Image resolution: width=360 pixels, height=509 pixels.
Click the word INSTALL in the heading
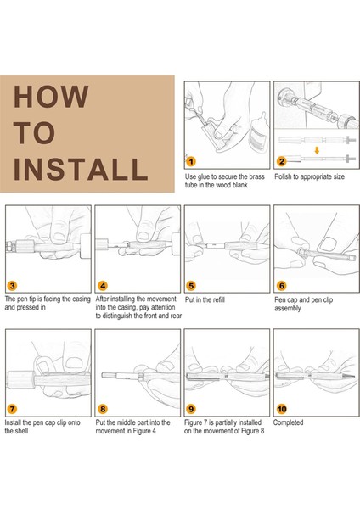pyautogui.click(x=81, y=169)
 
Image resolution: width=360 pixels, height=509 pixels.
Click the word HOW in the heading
pyautogui.click(x=51, y=97)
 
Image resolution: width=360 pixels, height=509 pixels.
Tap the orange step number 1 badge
pyautogui.click(x=191, y=161)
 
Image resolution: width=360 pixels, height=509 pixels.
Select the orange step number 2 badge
pyautogui.click(x=282, y=161)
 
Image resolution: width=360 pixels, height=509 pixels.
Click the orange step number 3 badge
pyautogui.click(x=13, y=286)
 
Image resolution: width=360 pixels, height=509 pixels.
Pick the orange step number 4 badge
pyautogui.click(x=103, y=286)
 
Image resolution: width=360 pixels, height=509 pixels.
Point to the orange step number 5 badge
pyautogui.click(x=191, y=286)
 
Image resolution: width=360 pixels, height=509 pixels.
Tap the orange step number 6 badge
pyautogui.click(x=282, y=286)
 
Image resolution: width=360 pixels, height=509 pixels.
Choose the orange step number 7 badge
pyautogui.click(x=13, y=409)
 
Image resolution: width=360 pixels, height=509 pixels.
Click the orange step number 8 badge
pyautogui.click(x=103, y=409)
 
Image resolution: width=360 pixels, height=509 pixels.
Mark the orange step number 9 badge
pyautogui.click(x=191, y=409)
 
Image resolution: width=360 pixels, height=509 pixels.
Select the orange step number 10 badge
pyautogui.click(x=282, y=409)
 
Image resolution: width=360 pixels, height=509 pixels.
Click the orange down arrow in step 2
pyautogui.click(x=317, y=150)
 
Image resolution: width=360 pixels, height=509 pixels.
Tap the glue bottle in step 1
pyautogui.click(x=258, y=132)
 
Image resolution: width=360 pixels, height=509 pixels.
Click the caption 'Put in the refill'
pyautogui.click(x=205, y=299)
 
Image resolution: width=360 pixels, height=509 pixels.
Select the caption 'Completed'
pyautogui.click(x=288, y=422)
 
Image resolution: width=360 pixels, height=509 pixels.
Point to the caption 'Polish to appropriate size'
pyautogui.click(x=309, y=177)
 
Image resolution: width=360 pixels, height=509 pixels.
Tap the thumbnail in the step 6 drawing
pyautogui.click(x=327, y=244)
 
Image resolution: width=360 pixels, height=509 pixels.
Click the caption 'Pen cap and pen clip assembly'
pyautogui.click(x=303, y=304)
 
